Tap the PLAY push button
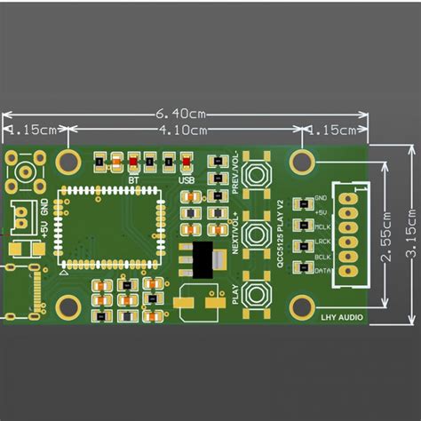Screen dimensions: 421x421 coord(258,294)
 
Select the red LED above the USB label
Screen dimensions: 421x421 coord(186,163)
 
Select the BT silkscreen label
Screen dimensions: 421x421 coord(133,180)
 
